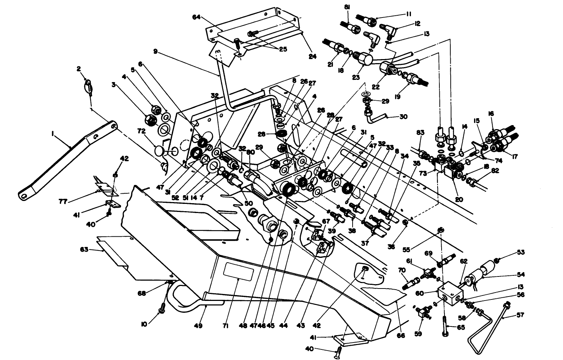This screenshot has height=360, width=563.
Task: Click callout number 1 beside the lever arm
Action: coord(53,134)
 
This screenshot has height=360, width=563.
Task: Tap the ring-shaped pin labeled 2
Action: coord(89,87)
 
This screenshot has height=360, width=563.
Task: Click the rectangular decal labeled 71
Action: coord(238,272)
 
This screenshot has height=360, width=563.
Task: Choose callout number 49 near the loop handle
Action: coord(200,326)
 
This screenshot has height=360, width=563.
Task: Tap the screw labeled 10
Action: coord(162,310)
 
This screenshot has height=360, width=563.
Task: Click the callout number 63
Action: coord(85,250)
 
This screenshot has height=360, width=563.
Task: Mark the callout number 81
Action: coord(346,7)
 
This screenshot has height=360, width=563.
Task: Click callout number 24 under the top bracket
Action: coord(312,57)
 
